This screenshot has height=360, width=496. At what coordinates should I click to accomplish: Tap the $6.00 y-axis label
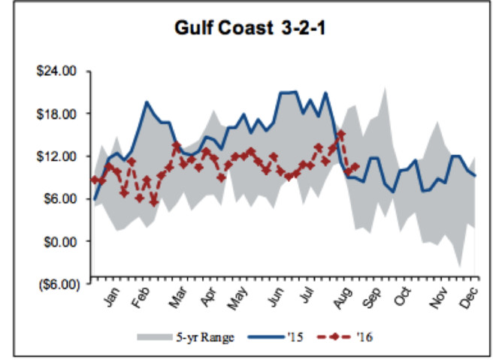[x=61, y=199]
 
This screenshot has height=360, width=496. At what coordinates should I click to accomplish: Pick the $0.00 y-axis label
[x=61, y=242]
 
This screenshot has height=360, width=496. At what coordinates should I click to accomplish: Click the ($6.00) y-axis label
[x=57, y=284]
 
